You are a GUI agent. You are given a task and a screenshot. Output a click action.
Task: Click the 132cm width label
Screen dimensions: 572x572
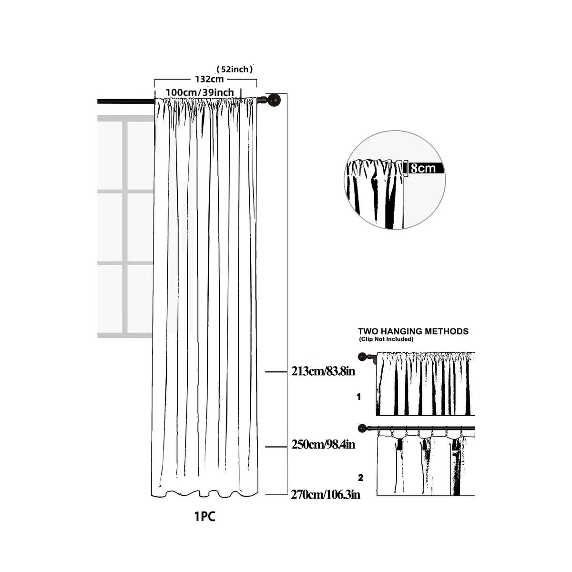209,79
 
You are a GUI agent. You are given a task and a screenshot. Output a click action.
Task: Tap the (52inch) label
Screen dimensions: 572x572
235,70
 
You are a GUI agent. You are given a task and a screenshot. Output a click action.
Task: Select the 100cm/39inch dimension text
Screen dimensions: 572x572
200,92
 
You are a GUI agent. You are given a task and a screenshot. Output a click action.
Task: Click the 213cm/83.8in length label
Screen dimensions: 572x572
323,371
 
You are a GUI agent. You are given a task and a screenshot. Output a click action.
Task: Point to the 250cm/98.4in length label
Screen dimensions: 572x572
323,445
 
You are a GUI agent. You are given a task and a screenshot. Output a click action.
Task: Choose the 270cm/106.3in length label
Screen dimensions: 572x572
326,495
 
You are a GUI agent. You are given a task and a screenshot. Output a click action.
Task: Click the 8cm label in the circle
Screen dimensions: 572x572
423,168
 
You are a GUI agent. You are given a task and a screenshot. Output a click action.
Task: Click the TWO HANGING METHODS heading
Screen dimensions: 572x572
413,331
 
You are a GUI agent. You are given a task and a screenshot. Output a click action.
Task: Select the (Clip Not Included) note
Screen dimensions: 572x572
386,339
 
